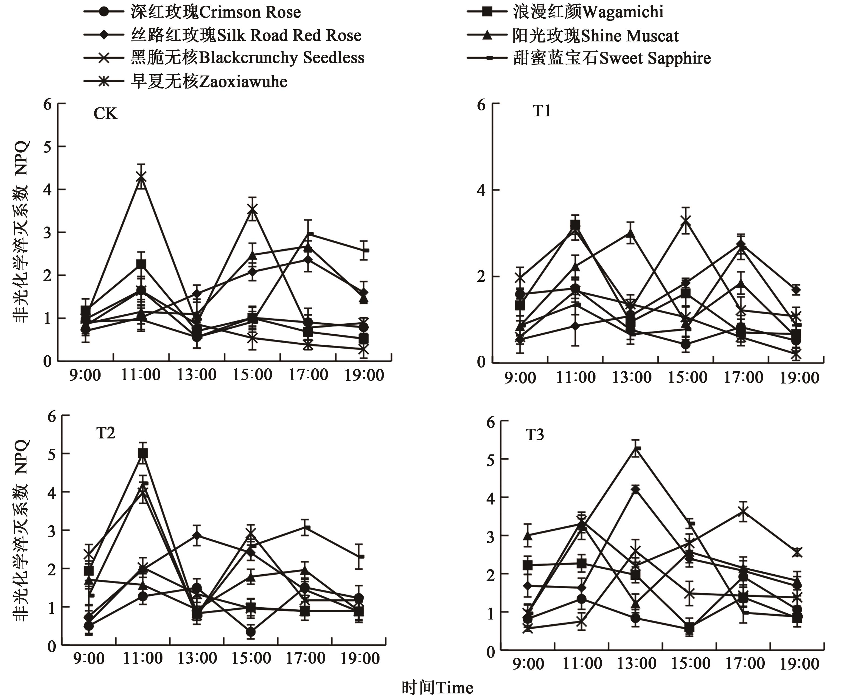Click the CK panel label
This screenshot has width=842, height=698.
[x=105, y=114]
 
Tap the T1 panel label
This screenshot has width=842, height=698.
[x=542, y=111]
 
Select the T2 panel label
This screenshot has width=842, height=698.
[x=105, y=433]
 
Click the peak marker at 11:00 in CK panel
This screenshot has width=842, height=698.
[x=141, y=177]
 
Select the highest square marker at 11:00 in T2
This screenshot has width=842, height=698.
[x=143, y=453]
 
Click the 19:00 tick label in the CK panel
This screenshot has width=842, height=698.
[x=364, y=376]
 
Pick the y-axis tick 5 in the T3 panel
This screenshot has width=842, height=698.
[x=490, y=460]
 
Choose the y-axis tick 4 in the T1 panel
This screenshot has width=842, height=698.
[x=481, y=190]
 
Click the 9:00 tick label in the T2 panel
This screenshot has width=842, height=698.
[x=89, y=659]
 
